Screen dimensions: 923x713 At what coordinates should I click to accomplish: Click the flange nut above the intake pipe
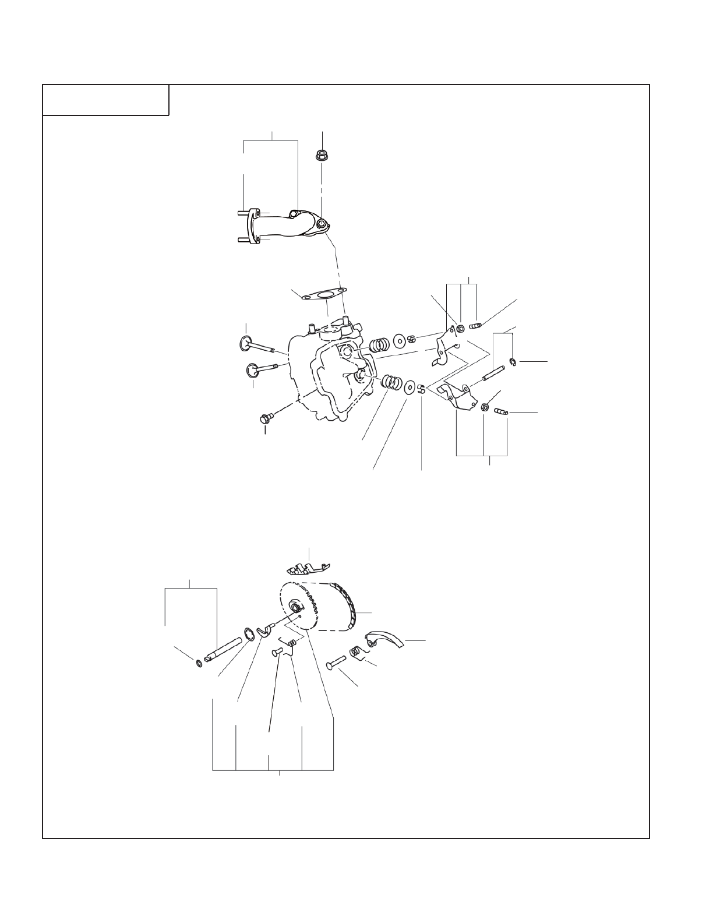[x=321, y=156]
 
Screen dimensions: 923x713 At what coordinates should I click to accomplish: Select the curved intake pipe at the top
[x=285, y=224]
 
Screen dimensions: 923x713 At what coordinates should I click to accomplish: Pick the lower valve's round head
[x=252, y=369]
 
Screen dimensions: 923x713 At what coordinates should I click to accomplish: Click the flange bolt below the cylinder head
[x=266, y=418]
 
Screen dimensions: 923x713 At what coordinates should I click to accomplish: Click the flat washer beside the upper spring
[x=400, y=340]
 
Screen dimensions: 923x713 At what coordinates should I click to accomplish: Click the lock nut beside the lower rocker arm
[x=485, y=407]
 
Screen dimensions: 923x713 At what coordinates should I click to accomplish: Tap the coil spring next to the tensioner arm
[x=355, y=652]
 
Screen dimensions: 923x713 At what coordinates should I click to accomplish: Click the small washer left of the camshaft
[x=199, y=663]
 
